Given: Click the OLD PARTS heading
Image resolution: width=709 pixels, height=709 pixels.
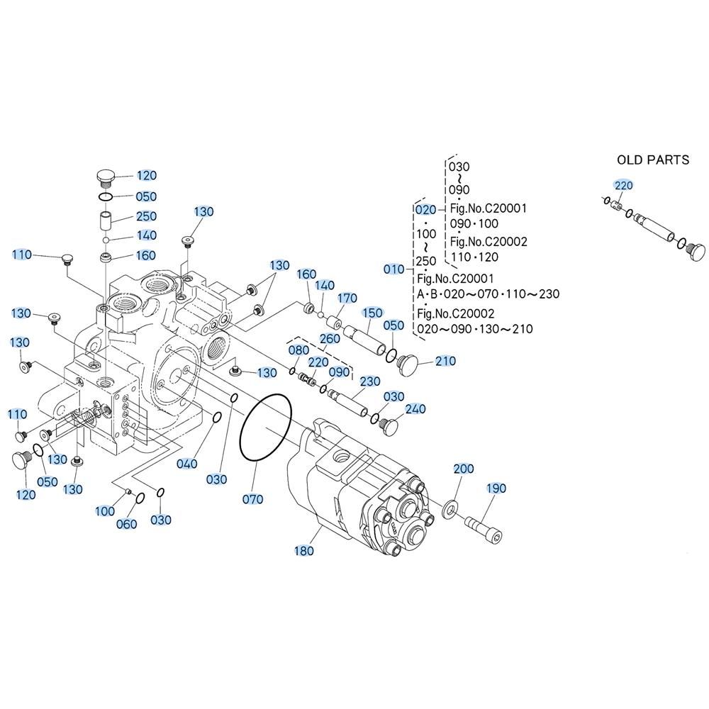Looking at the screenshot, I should (652, 160).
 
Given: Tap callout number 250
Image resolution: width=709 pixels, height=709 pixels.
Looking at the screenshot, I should (146, 216).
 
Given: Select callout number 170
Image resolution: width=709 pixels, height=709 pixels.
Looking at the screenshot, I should (347, 298).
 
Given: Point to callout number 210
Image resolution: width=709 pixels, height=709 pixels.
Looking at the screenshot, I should (445, 362).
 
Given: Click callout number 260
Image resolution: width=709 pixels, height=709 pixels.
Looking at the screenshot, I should (330, 339).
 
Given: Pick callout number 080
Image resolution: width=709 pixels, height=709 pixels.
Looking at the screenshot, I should (299, 350).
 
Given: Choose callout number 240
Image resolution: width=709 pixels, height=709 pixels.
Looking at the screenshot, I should (415, 410).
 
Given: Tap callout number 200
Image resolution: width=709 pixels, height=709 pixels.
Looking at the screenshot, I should (463, 469).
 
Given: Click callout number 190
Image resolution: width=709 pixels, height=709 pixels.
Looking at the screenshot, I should (496, 489).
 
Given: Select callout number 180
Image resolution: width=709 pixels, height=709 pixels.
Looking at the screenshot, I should (305, 550).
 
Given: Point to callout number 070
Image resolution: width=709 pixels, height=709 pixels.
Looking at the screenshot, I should (252, 499).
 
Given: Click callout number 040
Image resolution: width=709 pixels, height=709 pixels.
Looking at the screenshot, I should (187, 464).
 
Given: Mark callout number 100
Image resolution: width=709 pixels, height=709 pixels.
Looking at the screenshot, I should (104, 510).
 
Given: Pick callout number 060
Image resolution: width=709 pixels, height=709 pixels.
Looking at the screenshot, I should (125, 525).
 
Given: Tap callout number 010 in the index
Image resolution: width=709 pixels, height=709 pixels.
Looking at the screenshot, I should (394, 269).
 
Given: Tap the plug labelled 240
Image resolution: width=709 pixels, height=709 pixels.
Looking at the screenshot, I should (390, 425).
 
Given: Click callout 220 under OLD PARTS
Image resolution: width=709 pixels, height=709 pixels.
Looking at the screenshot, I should (623, 186).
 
